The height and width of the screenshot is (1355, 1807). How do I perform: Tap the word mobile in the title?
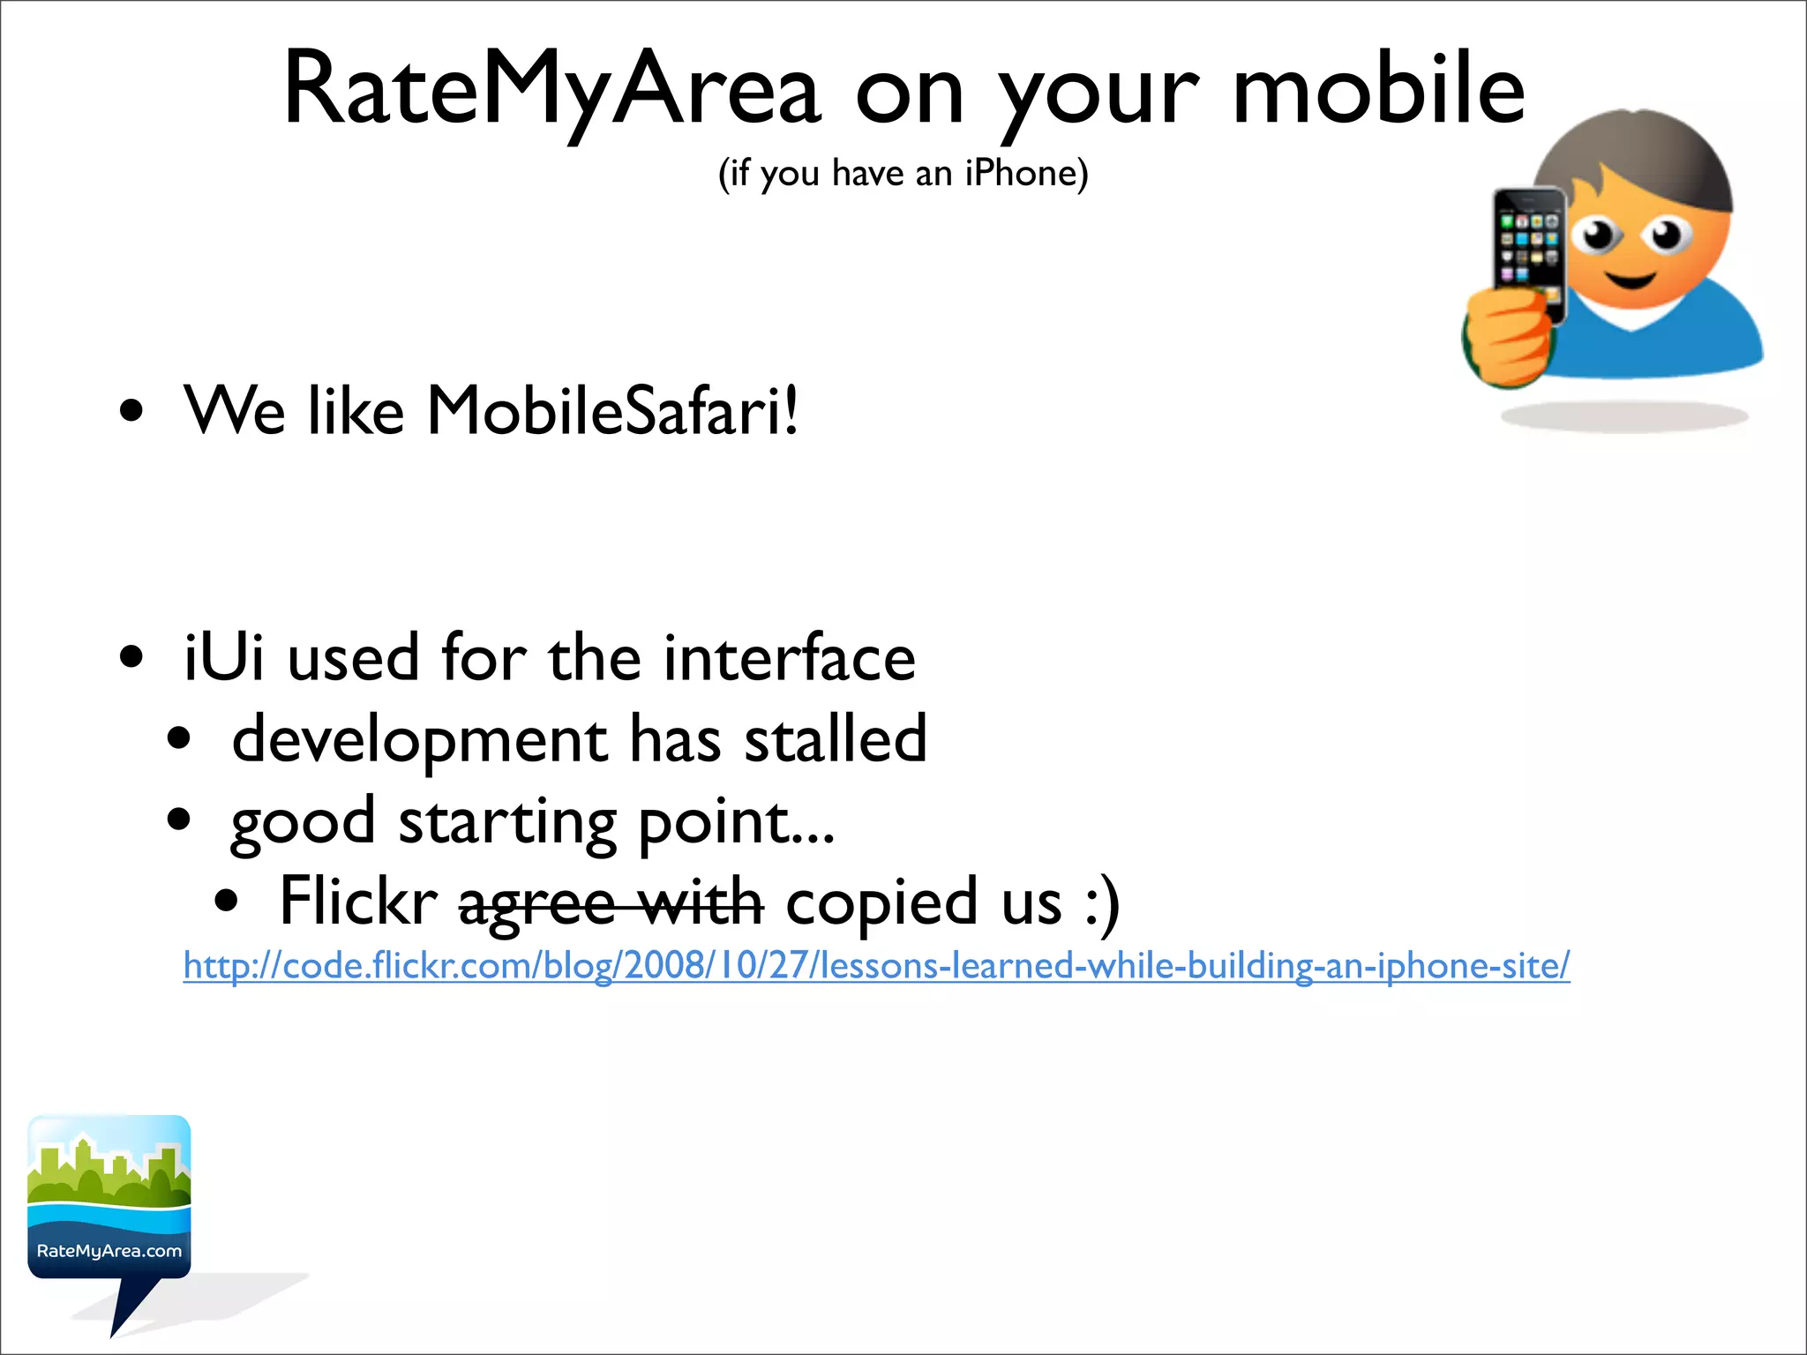[x=1378, y=88]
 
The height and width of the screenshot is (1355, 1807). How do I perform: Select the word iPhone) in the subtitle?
[x=1026, y=173]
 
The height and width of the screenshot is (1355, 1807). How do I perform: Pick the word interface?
[x=790, y=658]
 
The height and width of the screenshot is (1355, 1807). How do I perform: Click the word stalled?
[x=836, y=739]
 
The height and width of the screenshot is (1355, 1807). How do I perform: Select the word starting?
[x=507, y=822]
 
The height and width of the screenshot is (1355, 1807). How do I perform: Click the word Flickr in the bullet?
[x=358, y=902]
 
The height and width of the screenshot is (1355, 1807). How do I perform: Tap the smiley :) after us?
[x=1103, y=902]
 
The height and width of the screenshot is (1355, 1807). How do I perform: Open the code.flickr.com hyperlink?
[x=876, y=965]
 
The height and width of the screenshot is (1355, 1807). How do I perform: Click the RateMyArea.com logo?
[x=109, y=1200]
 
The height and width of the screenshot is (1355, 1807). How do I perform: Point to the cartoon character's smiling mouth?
[x=1630, y=281]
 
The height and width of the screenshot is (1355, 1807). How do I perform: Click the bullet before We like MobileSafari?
[x=131, y=411]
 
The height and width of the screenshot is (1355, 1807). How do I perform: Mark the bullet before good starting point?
[x=179, y=820]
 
